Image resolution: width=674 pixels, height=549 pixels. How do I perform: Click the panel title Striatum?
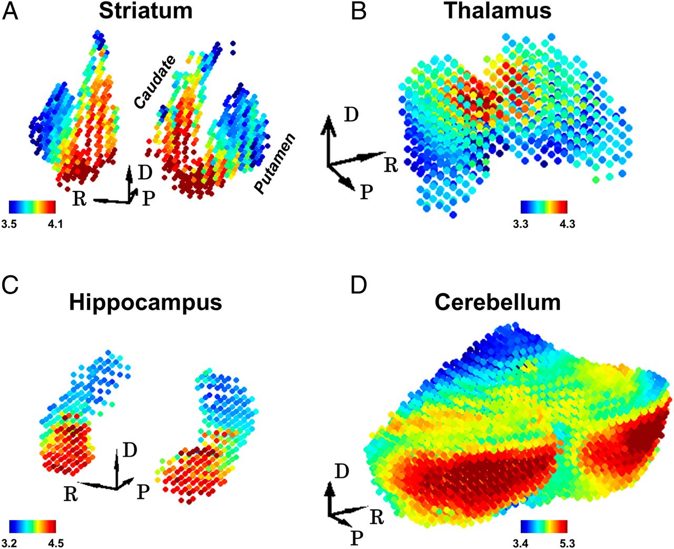(x=145, y=11)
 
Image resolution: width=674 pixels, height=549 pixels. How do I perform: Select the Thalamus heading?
(x=498, y=11)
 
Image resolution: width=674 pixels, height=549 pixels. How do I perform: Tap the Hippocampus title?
(x=145, y=303)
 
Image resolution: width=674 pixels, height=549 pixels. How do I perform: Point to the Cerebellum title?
(x=498, y=303)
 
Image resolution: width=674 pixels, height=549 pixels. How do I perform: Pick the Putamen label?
(x=275, y=164)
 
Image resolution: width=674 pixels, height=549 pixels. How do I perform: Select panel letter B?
(x=359, y=11)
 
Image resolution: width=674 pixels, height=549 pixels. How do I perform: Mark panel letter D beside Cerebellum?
(x=360, y=285)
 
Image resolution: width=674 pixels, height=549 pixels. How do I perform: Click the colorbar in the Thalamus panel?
(x=544, y=206)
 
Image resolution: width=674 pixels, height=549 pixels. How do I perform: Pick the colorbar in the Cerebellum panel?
(x=544, y=526)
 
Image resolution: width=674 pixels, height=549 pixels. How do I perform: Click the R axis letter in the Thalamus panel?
(x=390, y=165)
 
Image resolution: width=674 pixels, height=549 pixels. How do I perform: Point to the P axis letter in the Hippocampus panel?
(x=143, y=492)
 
